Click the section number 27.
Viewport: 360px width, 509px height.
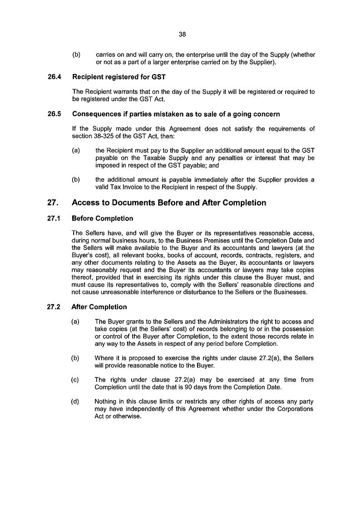click(53, 203)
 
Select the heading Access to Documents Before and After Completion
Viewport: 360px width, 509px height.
click(169, 203)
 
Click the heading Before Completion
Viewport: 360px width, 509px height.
click(103, 218)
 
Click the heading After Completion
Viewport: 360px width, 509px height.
click(99, 307)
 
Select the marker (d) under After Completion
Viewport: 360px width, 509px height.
click(76, 401)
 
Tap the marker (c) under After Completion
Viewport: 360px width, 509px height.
click(76, 380)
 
